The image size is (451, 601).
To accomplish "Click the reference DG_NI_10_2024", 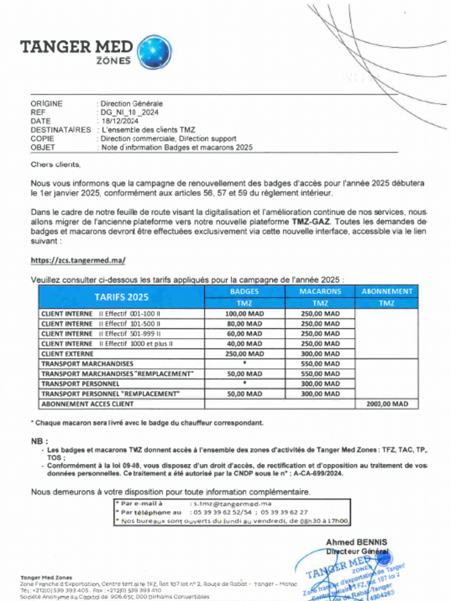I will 130,112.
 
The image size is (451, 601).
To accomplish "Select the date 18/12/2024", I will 119,121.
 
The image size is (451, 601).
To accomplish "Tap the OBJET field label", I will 43,147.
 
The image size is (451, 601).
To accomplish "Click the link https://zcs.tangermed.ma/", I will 78,260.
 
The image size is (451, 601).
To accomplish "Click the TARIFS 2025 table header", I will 122,297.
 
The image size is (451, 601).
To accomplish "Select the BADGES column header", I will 244,291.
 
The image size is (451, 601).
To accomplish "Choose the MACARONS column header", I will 320,291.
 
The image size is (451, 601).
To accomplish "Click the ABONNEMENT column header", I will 386,291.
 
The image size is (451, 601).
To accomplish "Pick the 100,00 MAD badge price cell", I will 244,314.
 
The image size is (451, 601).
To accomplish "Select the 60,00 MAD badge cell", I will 244,334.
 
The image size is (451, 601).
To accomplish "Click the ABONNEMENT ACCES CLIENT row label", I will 87,404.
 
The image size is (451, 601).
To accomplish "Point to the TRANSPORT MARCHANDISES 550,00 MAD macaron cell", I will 320,364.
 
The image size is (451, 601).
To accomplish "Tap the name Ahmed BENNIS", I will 356,542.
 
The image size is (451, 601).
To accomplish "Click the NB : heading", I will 39,441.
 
